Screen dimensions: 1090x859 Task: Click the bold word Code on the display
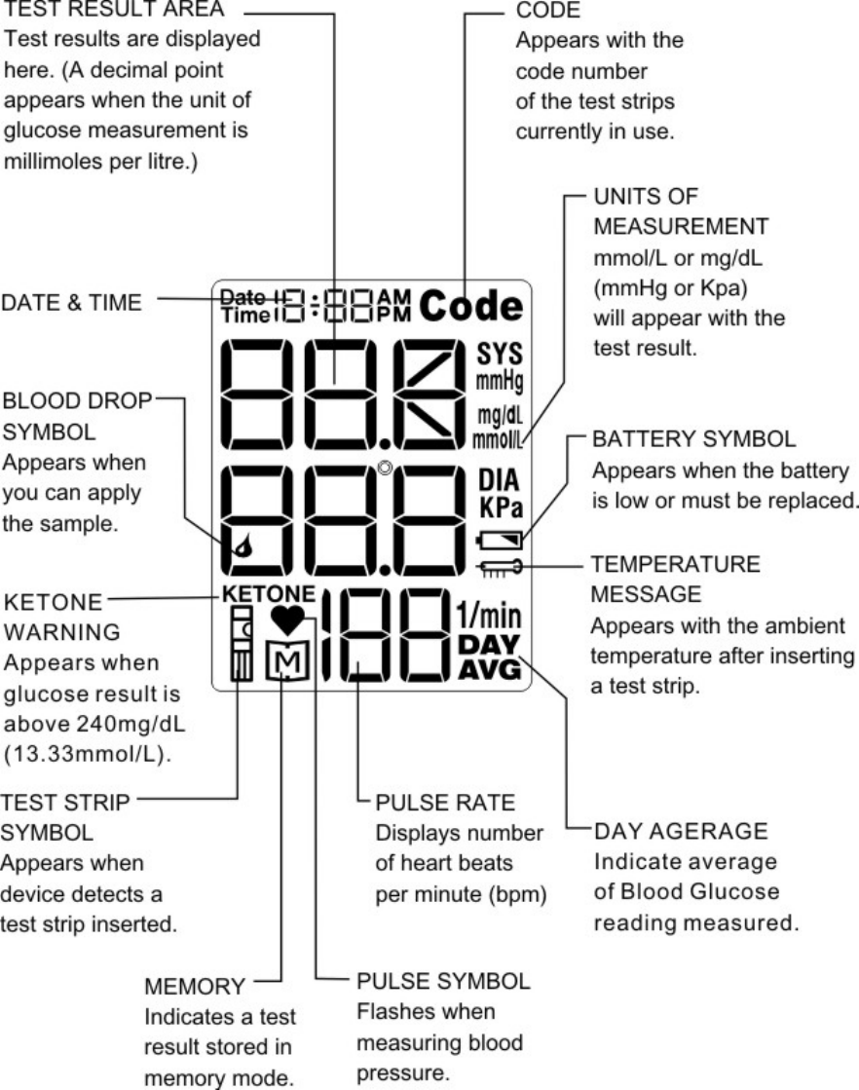(x=473, y=307)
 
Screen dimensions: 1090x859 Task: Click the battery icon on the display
(x=502, y=539)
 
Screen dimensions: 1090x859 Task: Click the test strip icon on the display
(x=241, y=643)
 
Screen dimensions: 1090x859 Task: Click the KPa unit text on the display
(x=501, y=507)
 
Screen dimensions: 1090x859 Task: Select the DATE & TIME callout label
(x=73, y=303)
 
